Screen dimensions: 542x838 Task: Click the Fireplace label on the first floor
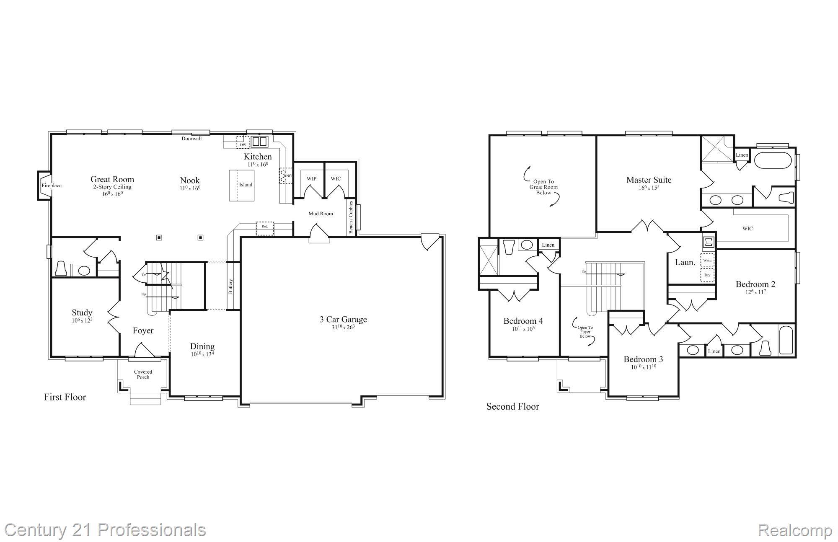pyautogui.click(x=52, y=186)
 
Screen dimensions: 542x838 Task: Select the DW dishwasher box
pyautogui.click(x=243, y=142)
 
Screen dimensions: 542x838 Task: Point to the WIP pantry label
pyautogui.click(x=311, y=178)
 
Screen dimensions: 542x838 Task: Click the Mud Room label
pyautogui.click(x=321, y=214)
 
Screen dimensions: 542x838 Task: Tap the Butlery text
pyautogui.click(x=230, y=286)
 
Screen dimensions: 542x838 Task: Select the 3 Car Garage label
pyautogui.click(x=343, y=320)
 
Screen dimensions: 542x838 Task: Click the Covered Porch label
pyautogui.click(x=143, y=374)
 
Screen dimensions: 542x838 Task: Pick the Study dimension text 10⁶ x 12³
pyautogui.click(x=82, y=320)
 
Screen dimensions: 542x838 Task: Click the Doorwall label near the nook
pyautogui.click(x=191, y=139)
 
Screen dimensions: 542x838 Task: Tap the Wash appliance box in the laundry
pyautogui.click(x=707, y=260)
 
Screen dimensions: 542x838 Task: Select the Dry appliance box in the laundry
pyautogui.click(x=707, y=275)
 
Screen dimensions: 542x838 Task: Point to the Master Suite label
pyautogui.click(x=649, y=180)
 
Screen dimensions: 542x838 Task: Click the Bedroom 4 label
pyautogui.click(x=523, y=321)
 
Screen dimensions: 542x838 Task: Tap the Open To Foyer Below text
pyautogui.click(x=585, y=332)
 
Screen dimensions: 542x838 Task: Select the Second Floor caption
pyautogui.click(x=512, y=406)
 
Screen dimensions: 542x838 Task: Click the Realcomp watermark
pyautogui.click(x=794, y=530)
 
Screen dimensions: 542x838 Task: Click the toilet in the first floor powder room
pyautogui.click(x=61, y=268)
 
